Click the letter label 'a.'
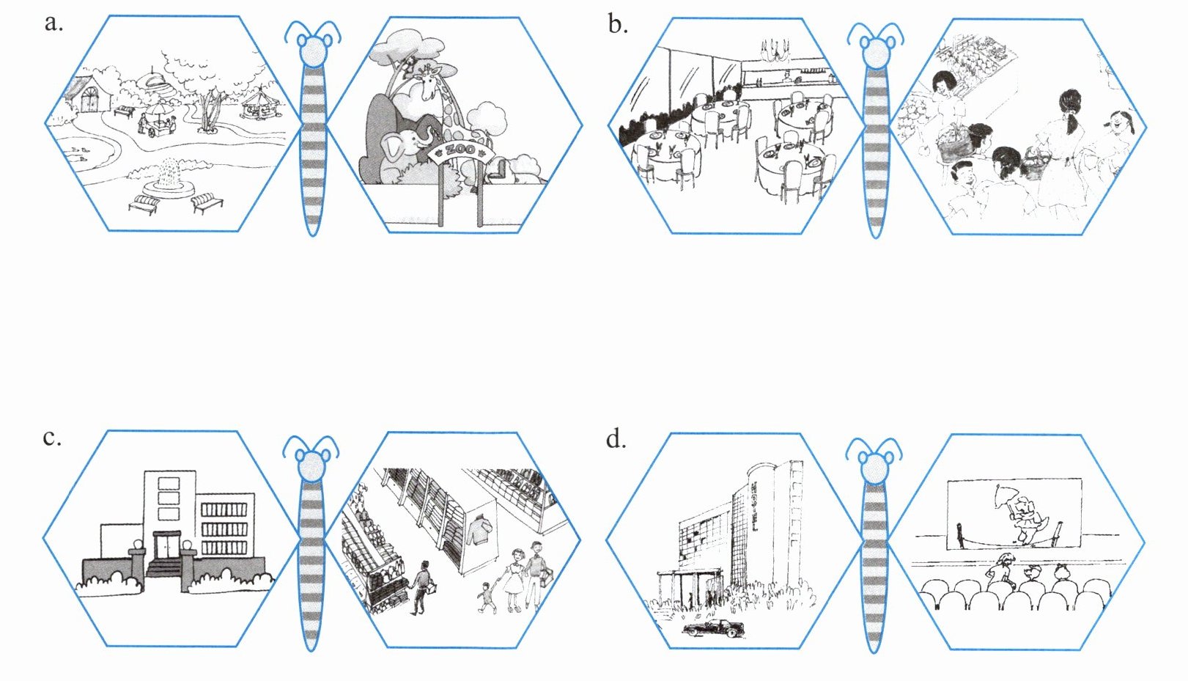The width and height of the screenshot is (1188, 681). (54, 23)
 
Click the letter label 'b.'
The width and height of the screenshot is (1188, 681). (618, 24)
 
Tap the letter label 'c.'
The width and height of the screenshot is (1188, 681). (52, 438)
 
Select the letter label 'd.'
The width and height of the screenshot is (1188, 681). (616, 440)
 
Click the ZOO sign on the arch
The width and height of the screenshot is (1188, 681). (461, 150)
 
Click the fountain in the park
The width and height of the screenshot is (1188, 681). (169, 180)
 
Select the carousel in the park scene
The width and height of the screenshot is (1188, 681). (258, 104)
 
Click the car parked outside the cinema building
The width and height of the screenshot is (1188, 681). (714, 628)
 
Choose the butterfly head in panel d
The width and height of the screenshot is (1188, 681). (874, 467)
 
